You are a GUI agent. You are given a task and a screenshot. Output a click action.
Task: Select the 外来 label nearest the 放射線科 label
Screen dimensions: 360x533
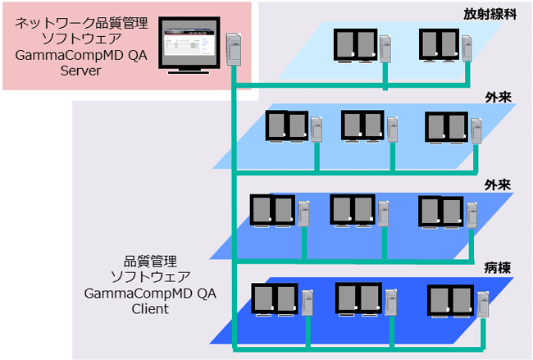click(499, 97)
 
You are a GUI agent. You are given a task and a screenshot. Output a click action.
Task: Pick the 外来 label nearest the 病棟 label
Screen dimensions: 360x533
click(499, 185)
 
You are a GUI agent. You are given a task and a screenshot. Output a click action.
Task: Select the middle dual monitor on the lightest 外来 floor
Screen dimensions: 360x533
click(362, 125)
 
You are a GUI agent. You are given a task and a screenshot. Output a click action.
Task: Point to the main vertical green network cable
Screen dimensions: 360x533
click(235, 205)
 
